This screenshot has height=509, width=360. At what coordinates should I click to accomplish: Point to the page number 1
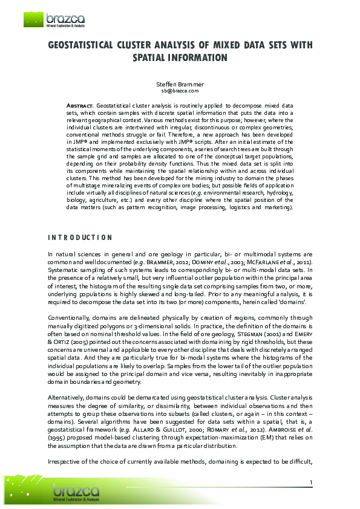point(310,482)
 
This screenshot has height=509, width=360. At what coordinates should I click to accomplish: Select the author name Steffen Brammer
point(180,84)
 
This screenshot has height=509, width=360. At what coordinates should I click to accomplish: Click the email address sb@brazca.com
point(180,91)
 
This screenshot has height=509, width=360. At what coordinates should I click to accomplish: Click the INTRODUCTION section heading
point(80,238)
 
